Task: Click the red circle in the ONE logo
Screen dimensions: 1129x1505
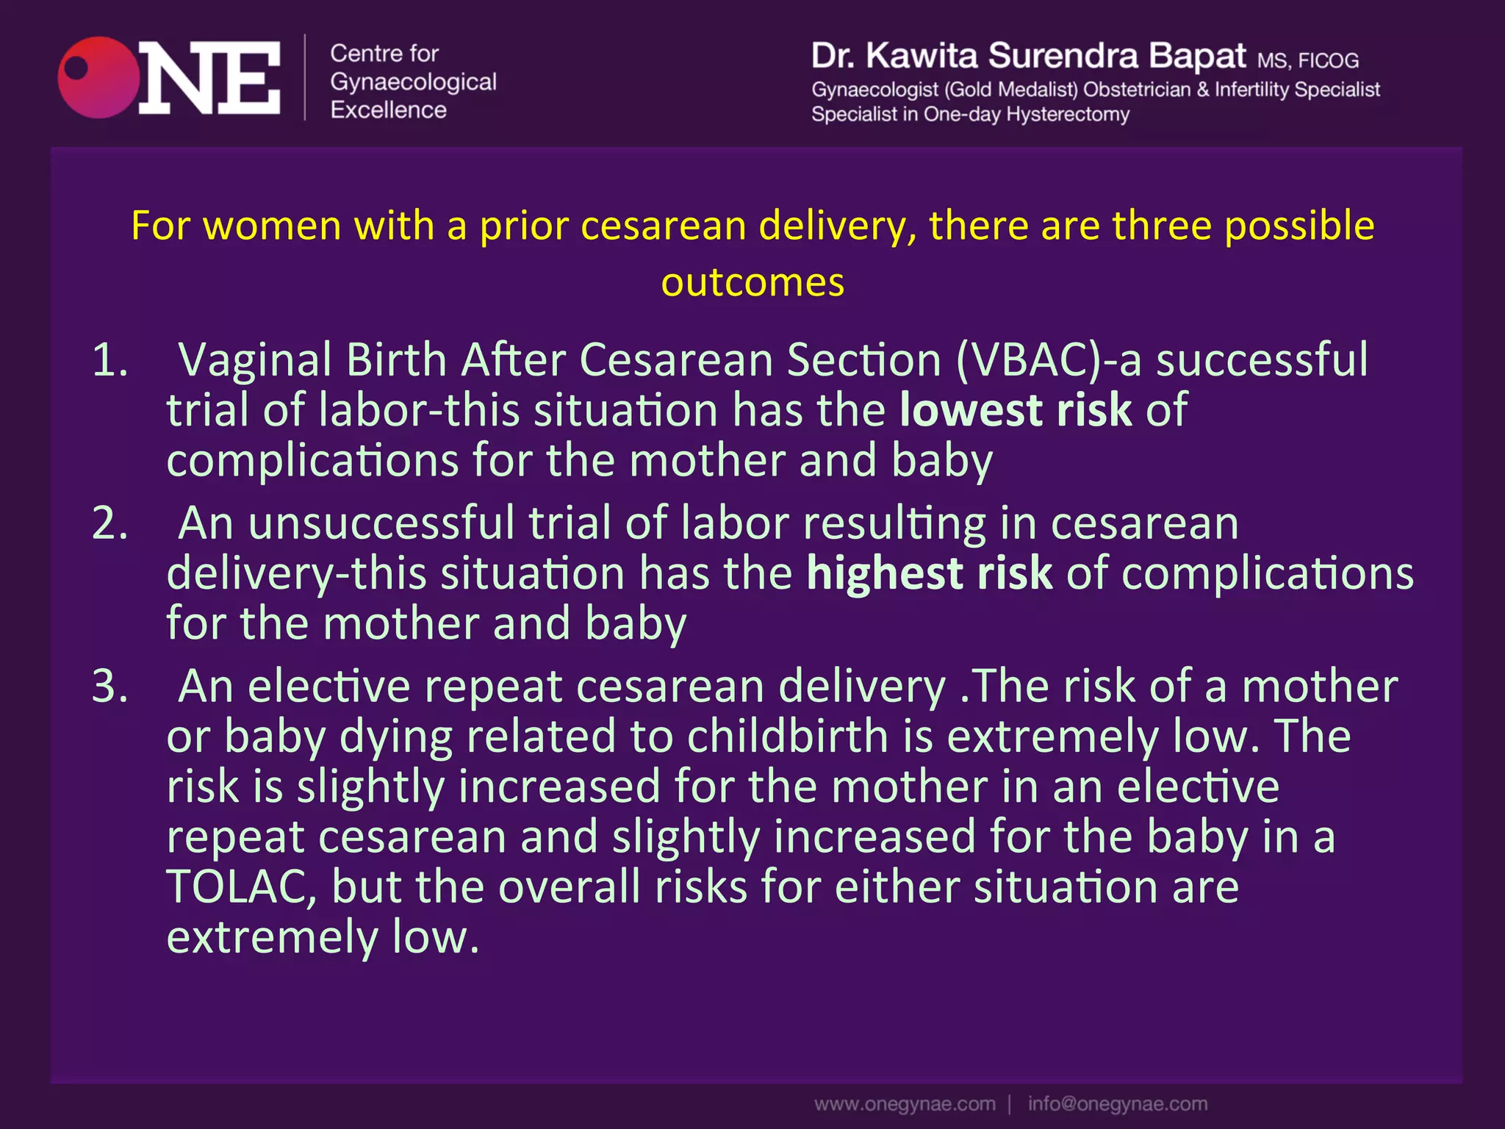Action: [x=98, y=78]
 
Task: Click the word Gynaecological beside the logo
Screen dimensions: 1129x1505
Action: [x=413, y=82]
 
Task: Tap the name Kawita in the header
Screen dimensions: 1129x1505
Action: [x=922, y=57]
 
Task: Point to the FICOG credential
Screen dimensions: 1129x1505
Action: [x=1328, y=60]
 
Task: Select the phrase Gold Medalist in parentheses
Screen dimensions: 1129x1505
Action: [x=1010, y=90]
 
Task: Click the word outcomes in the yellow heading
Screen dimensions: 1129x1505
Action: [x=752, y=282]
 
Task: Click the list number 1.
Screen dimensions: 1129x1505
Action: [x=110, y=360]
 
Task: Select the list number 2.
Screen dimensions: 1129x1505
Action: [x=110, y=523]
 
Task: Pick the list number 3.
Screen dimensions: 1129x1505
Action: [x=110, y=687]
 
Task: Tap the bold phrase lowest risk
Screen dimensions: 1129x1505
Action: [x=1016, y=410]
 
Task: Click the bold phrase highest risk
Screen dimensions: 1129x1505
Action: [x=930, y=573]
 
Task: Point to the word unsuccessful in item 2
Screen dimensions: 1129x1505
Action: [x=381, y=523]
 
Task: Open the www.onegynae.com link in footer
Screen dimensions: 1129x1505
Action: [x=905, y=1104]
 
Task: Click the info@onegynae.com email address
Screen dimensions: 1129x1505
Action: [x=1117, y=1104]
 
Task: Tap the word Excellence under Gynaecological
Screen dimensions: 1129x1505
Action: [x=388, y=110]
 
